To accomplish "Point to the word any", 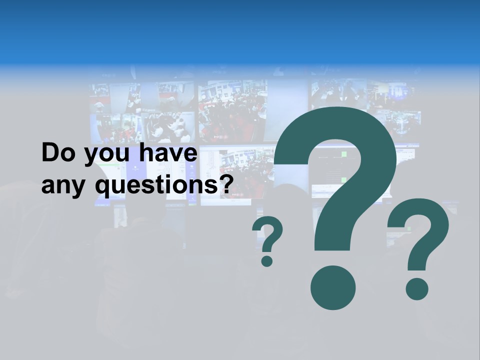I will click(x=63, y=186).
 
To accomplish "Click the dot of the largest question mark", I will click(x=333, y=288).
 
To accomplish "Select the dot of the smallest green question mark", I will click(x=267, y=260).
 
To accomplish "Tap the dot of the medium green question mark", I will click(x=417, y=288).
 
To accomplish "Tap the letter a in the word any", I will click(x=48, y=186).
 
